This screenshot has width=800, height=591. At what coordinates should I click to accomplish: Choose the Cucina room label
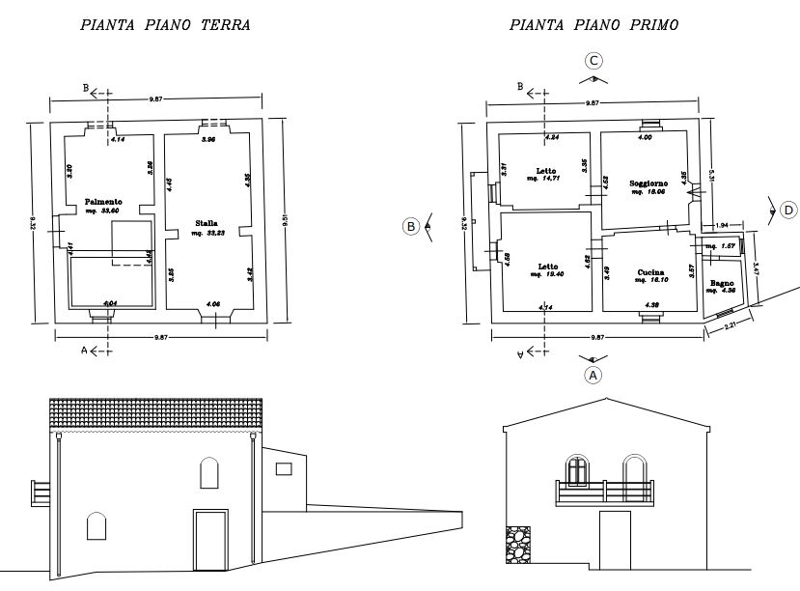[648, 272]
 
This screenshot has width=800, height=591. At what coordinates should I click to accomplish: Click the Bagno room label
[722, 283]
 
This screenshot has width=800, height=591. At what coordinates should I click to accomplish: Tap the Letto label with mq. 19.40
[546, 267]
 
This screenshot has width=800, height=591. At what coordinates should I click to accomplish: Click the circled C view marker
[594, 61]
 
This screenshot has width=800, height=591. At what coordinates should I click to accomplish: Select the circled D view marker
[788, 210]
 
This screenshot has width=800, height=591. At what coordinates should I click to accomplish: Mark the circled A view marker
[594, 373]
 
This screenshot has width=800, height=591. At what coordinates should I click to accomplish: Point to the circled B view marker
[410, 227]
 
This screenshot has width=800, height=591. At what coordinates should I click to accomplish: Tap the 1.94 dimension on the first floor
[722, 225]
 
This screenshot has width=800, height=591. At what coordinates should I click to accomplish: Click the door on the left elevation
[208, 541]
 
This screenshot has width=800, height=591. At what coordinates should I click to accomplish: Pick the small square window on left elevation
[283, 468]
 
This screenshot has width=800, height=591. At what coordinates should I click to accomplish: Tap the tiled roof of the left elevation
[155, 411]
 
